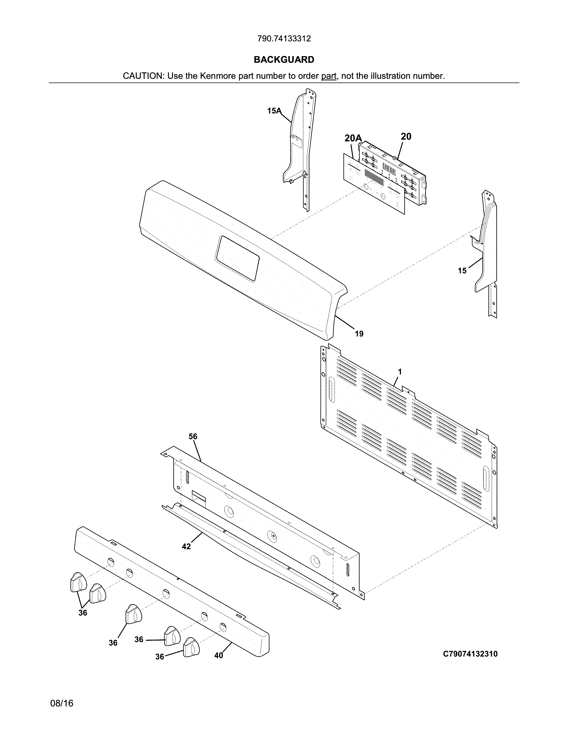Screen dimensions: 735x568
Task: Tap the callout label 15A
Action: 274,110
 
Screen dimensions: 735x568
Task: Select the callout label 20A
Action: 353,138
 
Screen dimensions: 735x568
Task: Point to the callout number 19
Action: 359,333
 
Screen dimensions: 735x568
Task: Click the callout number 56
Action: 193,437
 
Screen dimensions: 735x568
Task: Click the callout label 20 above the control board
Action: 406,136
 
